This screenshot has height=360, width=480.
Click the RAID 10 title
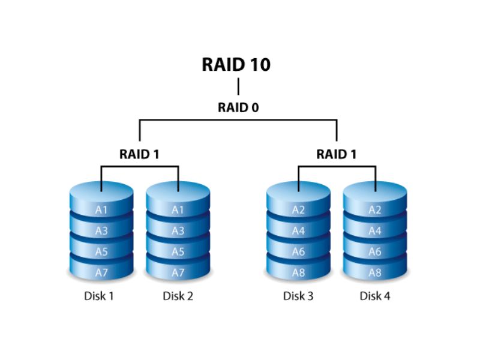[x=237, y=64]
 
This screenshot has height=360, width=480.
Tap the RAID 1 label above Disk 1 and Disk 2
[x=139, y=154]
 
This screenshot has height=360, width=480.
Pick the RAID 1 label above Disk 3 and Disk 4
[x=337, y=154]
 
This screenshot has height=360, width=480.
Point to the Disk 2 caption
[x=178, y=296]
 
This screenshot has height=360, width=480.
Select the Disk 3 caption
[x=298, y=296]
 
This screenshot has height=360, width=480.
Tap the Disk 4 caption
[x=375, y=296]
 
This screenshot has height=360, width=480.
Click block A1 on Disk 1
[x=101, y=210]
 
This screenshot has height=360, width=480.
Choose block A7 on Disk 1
[x=101, y=272]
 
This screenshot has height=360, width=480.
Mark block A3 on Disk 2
[x=178, y=231]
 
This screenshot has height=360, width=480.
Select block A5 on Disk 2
[x=178, y=252]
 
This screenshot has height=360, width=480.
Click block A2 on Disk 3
[x=298, y=210]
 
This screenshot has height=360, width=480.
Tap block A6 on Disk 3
[x=298, y=252]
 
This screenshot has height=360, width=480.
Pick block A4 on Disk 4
[x=375, y=231]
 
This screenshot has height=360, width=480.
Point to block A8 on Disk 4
[x=375, y=272]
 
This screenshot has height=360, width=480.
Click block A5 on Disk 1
[x=101, y=252]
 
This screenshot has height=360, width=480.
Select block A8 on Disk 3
[x=298, y=272]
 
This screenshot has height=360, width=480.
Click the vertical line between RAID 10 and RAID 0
[x=238, y=87]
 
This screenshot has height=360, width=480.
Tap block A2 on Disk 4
[x=375, y=210]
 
